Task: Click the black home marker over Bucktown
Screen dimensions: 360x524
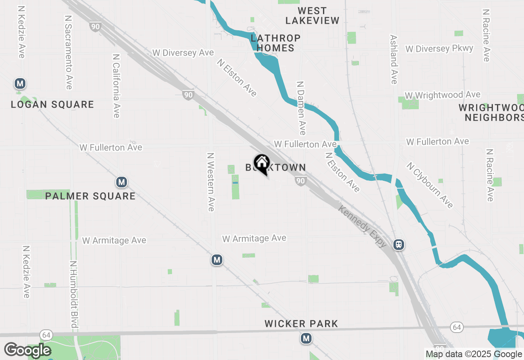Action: [x=262, y=164]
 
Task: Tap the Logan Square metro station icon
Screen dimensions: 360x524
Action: [x=20, y=84]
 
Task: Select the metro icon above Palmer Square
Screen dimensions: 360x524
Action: [x=121, y=182]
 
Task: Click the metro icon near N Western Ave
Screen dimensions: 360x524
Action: [x=217, y=260]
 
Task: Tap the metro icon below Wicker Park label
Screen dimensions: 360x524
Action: [x=306, y=338]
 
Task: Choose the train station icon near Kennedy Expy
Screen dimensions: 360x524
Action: [x=399, y=245]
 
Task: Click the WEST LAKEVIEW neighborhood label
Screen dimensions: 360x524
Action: [x=312, y=16]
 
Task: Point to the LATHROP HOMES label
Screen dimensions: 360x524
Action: [x=276, y=43]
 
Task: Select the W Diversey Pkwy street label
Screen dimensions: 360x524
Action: [x=439, y=49]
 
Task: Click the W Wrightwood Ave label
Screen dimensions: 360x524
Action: [x=443, y=95]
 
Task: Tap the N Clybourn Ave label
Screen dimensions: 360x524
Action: [x=430, y=185]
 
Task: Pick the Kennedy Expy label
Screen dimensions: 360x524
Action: [x=363, y=226]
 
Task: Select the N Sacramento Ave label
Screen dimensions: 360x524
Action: [x=69, y=52]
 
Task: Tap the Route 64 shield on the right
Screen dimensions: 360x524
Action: [x=457, y=327]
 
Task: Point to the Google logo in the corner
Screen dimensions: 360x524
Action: [x=27, y=350]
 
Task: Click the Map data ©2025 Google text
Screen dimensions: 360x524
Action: [x=474, y=354]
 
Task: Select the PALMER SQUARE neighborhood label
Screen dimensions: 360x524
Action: [x=90, y=196]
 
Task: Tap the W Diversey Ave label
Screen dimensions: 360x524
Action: [x=183, y=53]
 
